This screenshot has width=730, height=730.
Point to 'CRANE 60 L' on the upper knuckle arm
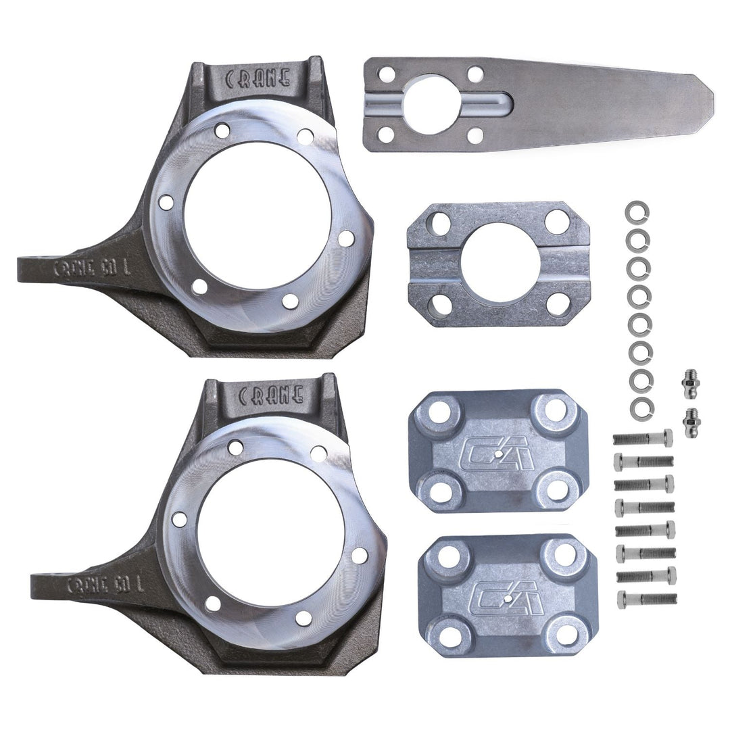(91, 267)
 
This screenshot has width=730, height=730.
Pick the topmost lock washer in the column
(637, 212)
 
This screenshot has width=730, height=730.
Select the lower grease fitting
(691, 422)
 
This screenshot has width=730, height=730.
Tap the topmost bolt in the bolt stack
(643, 439)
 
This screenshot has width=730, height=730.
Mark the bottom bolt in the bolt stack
(646, 599)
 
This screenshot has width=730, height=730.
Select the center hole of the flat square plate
(500, 263)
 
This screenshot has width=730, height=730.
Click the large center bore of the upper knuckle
(257, 215)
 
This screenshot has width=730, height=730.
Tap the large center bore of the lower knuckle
(271, 533)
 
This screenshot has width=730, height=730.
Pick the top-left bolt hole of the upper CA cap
(440, 410)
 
